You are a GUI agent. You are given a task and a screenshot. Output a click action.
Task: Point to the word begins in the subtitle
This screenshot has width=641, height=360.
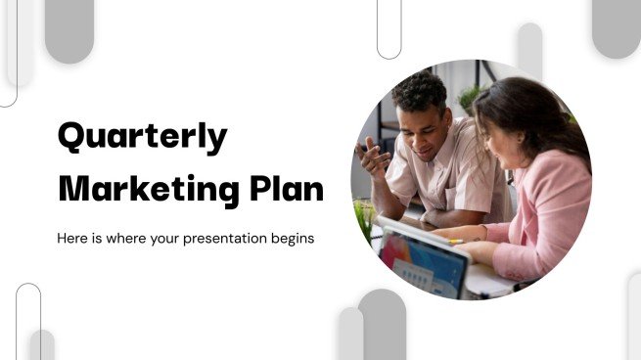290,238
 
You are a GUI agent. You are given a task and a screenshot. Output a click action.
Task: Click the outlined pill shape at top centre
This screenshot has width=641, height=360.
389,27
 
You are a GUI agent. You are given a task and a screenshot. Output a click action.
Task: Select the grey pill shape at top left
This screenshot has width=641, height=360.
69,29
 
